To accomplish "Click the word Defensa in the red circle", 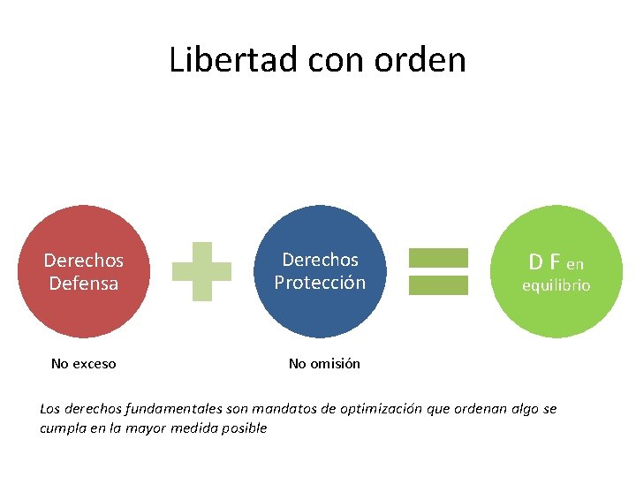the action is point(84,284).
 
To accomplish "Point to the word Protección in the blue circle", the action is point(320,283).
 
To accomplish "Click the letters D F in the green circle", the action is point(544,261).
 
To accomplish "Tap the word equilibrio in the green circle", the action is point(556,286).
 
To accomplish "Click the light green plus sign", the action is point(201,271).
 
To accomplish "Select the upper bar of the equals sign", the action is point(438,257).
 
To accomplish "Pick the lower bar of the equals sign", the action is point(438,284).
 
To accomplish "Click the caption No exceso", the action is point(84,363).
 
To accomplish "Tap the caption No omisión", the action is point(324,363).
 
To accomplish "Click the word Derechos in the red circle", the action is point(84,261).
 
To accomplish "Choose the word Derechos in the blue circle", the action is point(320,260).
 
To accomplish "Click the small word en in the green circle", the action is point(575,263).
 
